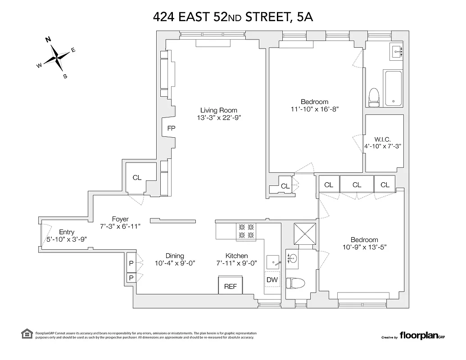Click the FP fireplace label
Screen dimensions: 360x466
(171, 128)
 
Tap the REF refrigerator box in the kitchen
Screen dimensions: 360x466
(230, 286)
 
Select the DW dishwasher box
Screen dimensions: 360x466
(272, 280)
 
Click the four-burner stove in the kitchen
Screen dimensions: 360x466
(246, 231)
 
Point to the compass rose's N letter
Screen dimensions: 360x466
(48, 40)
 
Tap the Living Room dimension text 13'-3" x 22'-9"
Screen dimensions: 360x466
(219, 118)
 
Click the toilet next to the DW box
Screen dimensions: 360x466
(295, 283)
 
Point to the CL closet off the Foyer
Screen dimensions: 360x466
(137, 178)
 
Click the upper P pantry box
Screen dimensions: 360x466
(131, 263)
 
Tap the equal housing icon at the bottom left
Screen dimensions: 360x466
(27, 333)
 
